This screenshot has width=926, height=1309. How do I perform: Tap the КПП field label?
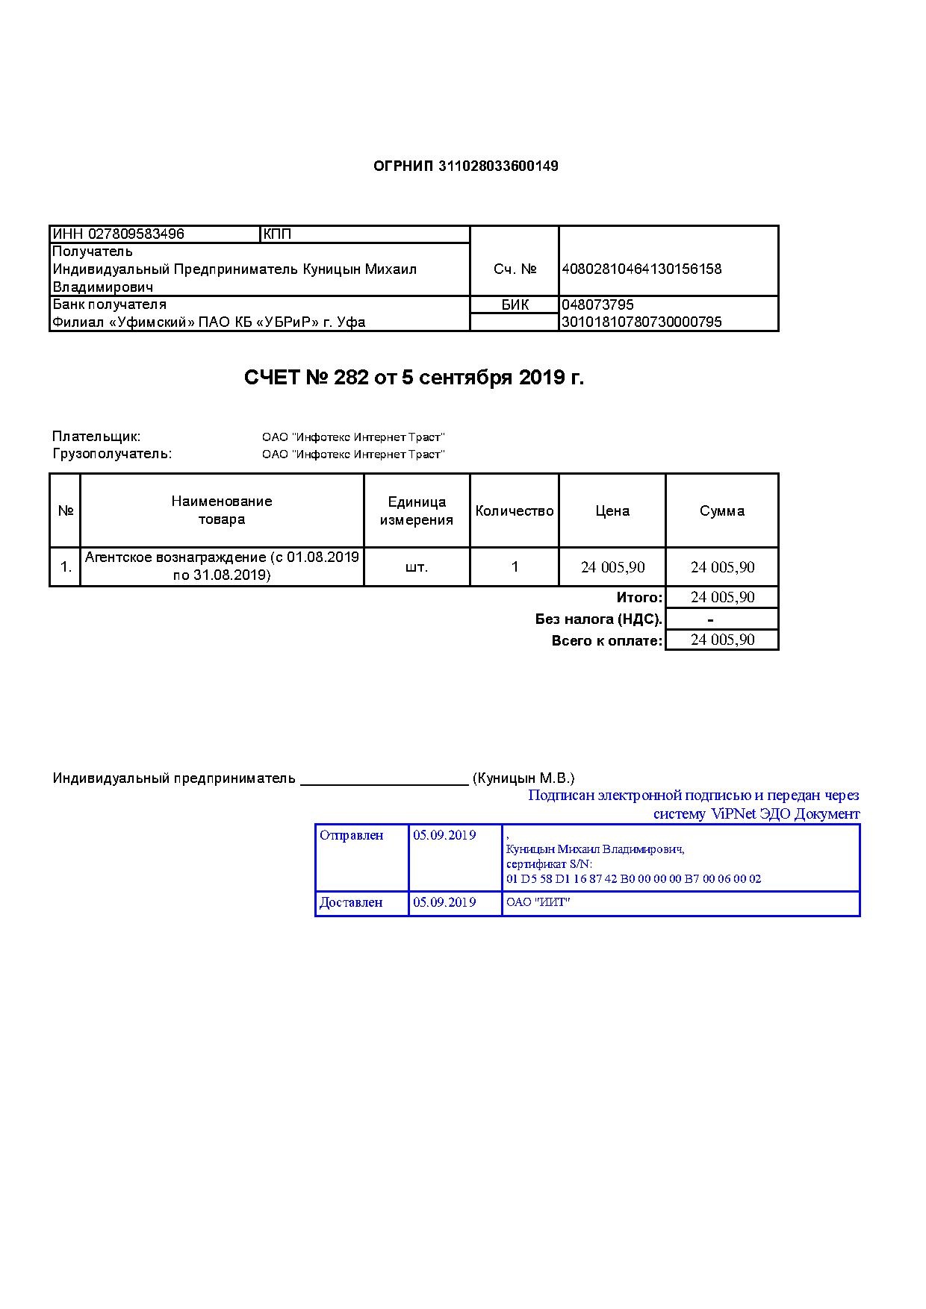pos(277,234)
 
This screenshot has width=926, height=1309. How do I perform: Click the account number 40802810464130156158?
pos(641,269)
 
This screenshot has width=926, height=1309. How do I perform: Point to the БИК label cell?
pos(515,305)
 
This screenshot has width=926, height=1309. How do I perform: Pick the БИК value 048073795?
pos(597,305)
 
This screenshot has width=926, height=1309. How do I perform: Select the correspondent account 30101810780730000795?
pos(641,322)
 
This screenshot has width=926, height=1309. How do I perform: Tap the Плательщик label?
pos(96,437)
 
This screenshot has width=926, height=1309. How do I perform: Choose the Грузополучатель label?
pos(112,454)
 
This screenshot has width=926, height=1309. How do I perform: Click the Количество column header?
pos(515,511)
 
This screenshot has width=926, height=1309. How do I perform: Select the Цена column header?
pos(612,511)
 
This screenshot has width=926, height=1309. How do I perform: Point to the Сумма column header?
pos(722,511)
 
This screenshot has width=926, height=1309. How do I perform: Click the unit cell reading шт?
pos(417,567)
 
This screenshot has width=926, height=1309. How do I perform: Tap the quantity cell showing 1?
pos(515,567)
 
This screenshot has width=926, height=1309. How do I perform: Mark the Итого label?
pos(639,598)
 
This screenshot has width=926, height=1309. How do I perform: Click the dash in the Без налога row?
pos(710,619)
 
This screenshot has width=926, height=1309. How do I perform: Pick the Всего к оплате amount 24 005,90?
pos(722,640)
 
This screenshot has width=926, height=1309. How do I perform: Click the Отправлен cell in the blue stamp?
pos(352,835)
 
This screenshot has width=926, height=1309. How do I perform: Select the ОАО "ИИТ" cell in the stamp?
pos(538,902)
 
